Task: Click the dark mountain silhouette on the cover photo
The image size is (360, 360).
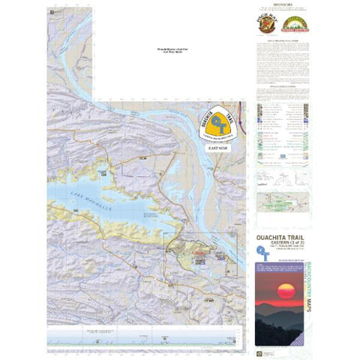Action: pos(281,315)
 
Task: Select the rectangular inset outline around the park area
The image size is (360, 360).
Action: pos(202,256)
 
